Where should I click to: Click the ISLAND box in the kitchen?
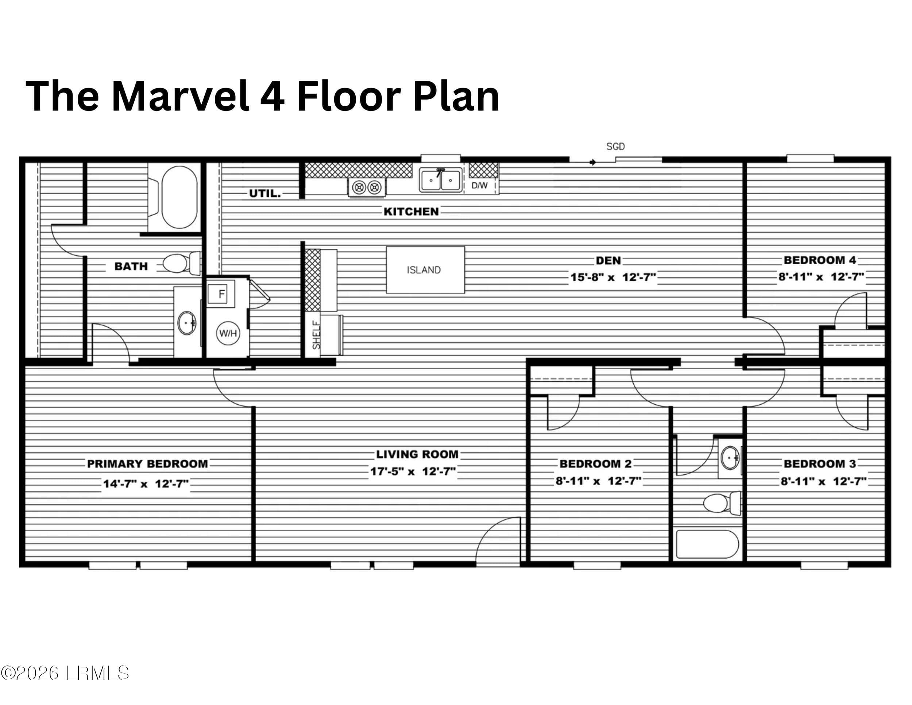tap(425, 270)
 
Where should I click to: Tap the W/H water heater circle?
tap(228, 333)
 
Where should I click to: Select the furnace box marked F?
tap(221, 294)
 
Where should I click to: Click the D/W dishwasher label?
tap(479, 185)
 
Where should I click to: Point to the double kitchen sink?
tap(441, 180)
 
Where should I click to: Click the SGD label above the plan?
tap(615, 147)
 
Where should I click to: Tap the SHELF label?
tap(317, 335)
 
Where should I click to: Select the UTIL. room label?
tap(265, 193)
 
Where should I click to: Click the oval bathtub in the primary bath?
tap(179, 197)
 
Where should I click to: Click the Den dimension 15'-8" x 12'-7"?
tap(613, 277)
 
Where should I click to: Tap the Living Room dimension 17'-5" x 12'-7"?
tap(413, 471)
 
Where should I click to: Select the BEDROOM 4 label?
tap(820, 260)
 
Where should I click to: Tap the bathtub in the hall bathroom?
tap(707, 544)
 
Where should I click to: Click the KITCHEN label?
tap(411, 212)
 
